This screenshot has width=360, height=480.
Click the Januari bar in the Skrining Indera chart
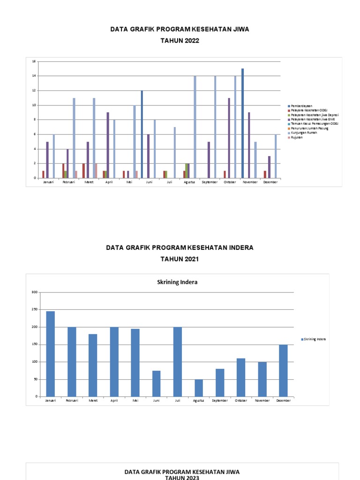click(51, 354)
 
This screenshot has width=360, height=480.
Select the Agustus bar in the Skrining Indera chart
click(199, 388)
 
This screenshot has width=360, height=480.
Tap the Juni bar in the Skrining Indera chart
click(157, 383)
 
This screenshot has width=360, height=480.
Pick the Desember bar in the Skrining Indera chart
click(284, 370)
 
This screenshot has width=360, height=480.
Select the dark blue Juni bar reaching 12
click(142, 134)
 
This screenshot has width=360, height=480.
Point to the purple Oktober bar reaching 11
click(229, 138)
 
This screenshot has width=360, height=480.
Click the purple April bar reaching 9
click(108, 145)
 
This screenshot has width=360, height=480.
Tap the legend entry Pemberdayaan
click(301, 106)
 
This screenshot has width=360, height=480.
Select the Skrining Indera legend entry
click(314, 339)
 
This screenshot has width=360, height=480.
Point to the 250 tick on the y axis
click(34, 309)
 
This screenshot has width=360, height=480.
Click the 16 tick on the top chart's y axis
click(34, 61)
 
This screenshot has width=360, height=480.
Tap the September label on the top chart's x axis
click(210, 182)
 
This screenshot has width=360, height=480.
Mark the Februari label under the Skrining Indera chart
click(72, 401)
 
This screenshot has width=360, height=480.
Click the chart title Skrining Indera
click(177, 282)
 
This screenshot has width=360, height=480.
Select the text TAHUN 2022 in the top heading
click(180, 41)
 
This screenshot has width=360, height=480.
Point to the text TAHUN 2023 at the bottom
click(182, 477)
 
